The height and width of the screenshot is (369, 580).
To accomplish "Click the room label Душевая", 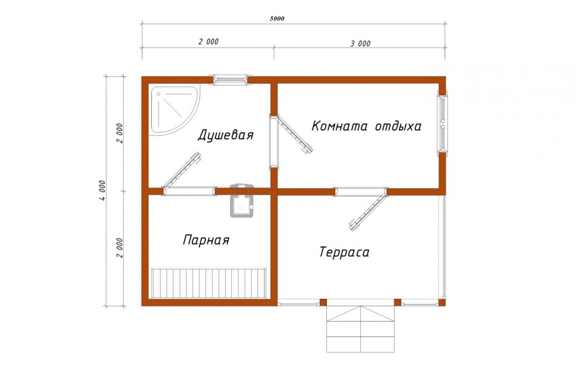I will (x=226, y=135).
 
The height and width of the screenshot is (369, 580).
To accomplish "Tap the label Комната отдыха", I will (x=366, y=126).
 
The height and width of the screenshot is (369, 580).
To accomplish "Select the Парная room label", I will (x=206, y=241).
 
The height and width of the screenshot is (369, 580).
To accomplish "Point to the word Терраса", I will (x=344, y=253).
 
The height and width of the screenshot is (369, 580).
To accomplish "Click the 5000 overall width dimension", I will (x=277, y=19).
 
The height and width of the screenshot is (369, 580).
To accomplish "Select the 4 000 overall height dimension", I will (x=101, y=190).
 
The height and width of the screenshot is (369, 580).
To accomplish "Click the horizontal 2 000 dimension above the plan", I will (x=208, y=41).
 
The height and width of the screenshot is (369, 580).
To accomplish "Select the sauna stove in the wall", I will (x=242, y=200).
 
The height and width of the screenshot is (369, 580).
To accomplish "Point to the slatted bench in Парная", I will (x=208, y=283).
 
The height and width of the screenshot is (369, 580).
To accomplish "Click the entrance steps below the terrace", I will (x=361, y=328).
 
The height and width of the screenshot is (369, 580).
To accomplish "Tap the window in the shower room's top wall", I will (x=230, y=79).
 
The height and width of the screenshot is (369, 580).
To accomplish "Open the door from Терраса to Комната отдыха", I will (x=370, y=207).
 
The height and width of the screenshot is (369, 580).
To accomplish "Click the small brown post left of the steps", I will (x=323, y=302).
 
